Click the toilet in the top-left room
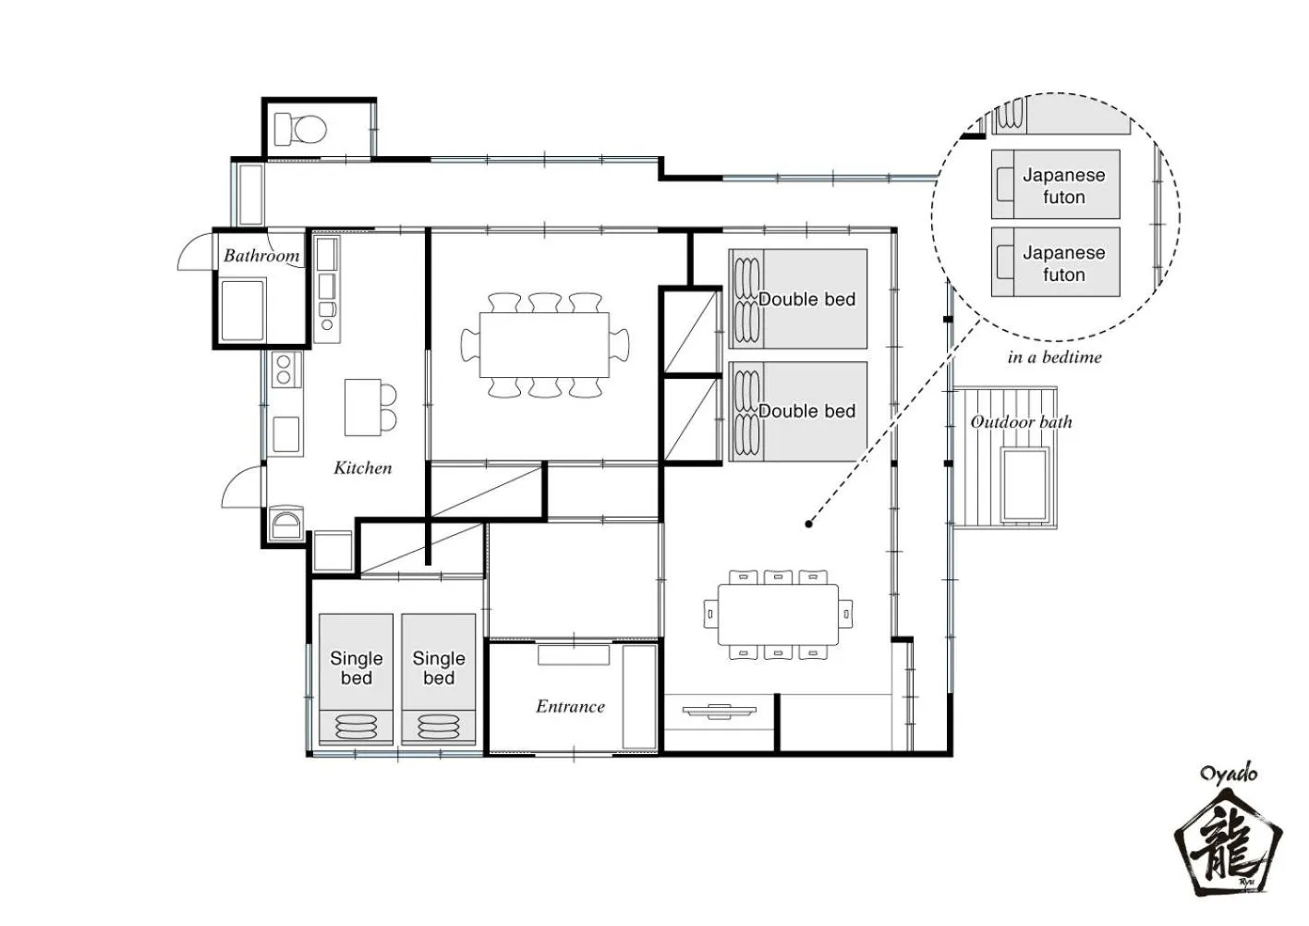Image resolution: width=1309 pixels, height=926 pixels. [300, 128]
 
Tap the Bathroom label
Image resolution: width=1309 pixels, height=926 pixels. [261, 255]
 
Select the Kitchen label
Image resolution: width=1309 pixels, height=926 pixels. [362, 468]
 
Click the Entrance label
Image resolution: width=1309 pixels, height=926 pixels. [570, 707]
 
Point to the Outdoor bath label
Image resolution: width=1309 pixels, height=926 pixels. [1021, 421]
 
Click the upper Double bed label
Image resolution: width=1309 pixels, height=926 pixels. [807, 299]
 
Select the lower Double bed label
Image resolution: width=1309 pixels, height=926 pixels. [807, 411]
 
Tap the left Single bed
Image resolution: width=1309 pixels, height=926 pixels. [356, 679]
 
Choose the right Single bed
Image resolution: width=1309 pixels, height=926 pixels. [438, 679]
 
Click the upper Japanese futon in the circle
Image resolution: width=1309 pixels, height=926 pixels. [1055, 184]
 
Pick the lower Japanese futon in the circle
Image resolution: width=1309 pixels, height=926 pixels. [1055, 262]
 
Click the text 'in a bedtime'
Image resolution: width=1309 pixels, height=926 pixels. [1054, 358]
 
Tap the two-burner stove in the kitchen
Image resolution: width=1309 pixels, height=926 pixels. [286, 370]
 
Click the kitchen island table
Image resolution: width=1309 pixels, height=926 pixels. [363, 408]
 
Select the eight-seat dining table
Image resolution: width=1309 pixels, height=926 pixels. [544, 345]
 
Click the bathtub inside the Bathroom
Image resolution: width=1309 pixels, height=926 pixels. [243, 310]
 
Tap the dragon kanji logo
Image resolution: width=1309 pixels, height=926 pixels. [1228, 851]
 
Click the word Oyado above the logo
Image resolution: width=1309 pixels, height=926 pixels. [1229, 774]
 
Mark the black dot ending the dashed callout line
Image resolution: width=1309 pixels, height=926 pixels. [809, 524]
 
